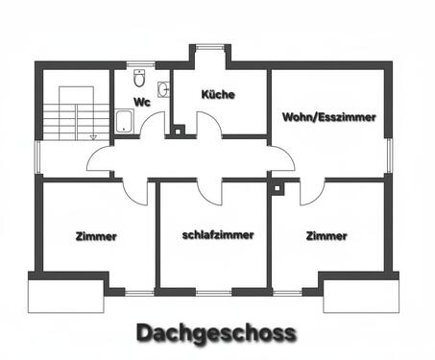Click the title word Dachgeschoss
(216, 333)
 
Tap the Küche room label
(218, 94)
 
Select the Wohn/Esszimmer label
(328, 116)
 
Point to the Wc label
(141, 102)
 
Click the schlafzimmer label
(218, 234)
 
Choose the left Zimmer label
(95, 236)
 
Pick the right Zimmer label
(326, 235)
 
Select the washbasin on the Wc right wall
(164, 89)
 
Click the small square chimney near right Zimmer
(277, 188)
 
